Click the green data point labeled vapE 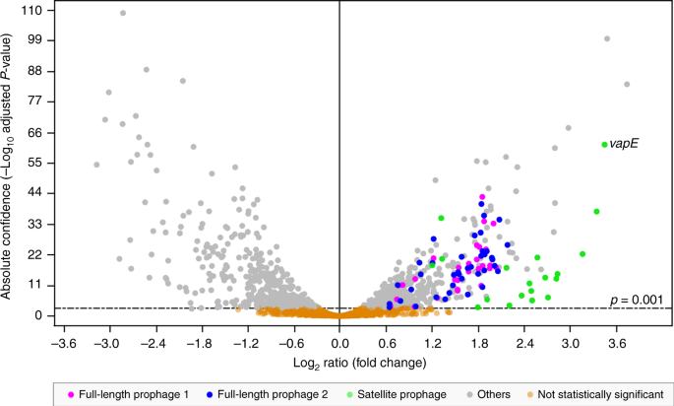tap(604, 145)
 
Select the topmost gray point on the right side tap(607, 39)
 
